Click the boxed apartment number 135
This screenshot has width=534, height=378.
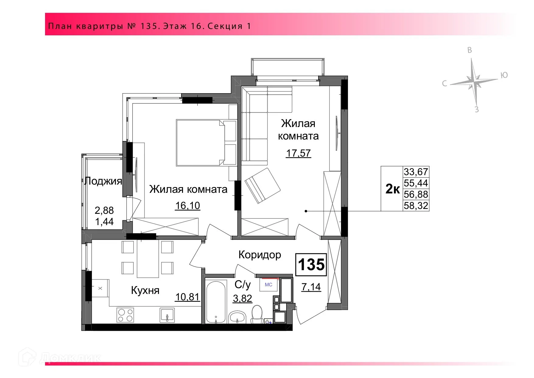(311, 264)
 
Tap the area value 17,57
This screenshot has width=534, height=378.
(298, 153)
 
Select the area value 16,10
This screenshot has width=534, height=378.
(188, 206)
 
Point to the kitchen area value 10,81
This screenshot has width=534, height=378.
(188, 297)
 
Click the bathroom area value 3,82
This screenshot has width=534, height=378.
(243, 299)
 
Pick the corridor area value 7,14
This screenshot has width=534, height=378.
(311, 287)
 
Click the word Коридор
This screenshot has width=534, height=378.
(260, 255)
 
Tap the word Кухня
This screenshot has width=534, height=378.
(145, 290)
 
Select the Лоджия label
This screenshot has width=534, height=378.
(103, 181)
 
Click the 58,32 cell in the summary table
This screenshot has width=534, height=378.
(416, 206)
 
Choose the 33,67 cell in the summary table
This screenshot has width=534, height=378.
(416, 172)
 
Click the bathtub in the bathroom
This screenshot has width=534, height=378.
(216, 302)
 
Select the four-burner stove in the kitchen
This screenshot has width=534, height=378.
(125, 315)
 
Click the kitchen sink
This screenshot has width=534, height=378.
(167, 315)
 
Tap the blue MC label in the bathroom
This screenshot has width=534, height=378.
(268, 285)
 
